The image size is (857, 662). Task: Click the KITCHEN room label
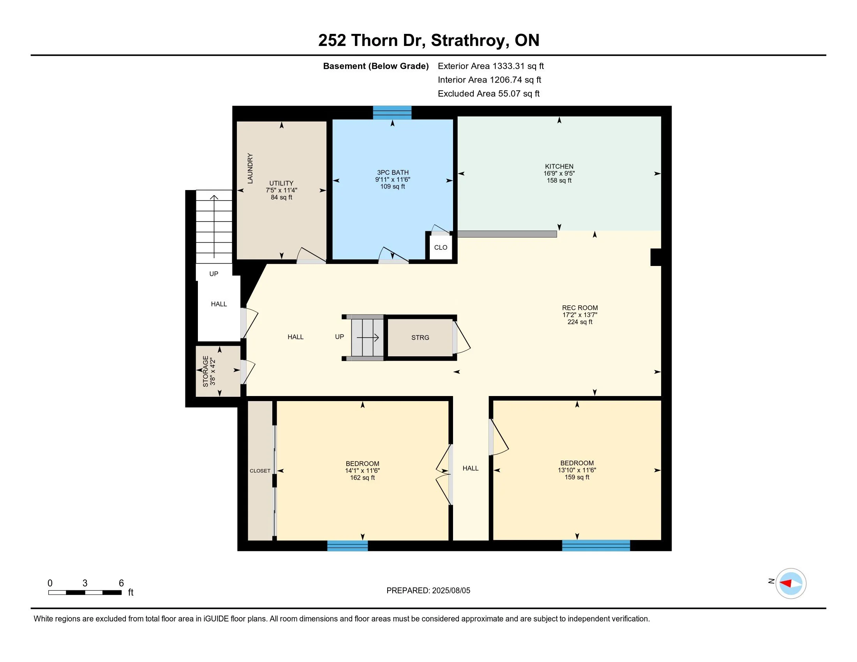point(559,166)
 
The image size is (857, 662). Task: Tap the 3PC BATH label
point(392,173)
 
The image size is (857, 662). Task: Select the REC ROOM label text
point(580,308)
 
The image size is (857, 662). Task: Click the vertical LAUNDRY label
point(250,168)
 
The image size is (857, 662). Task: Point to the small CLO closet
point(441,247)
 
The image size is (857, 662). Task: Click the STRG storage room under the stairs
point(420,337)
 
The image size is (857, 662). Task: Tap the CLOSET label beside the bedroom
point(260,471)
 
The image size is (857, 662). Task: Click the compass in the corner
point(791,583)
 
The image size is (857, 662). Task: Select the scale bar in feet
point(85,592)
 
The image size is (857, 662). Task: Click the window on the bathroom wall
point(392,113)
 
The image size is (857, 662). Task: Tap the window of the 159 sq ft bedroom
point(596,546)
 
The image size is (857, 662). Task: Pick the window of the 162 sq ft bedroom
point(347,546)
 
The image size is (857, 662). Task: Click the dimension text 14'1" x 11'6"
point(362,471)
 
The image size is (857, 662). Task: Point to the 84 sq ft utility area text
point(281,197)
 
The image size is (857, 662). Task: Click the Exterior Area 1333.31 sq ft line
point(490,66)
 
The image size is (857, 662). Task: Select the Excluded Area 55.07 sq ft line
point(488,93)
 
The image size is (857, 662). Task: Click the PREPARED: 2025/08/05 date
point(428,590)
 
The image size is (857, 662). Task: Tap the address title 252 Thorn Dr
point(372,40)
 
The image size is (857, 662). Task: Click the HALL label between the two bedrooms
point(471,468)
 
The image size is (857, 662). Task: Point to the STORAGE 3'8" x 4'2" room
point(218,371)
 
